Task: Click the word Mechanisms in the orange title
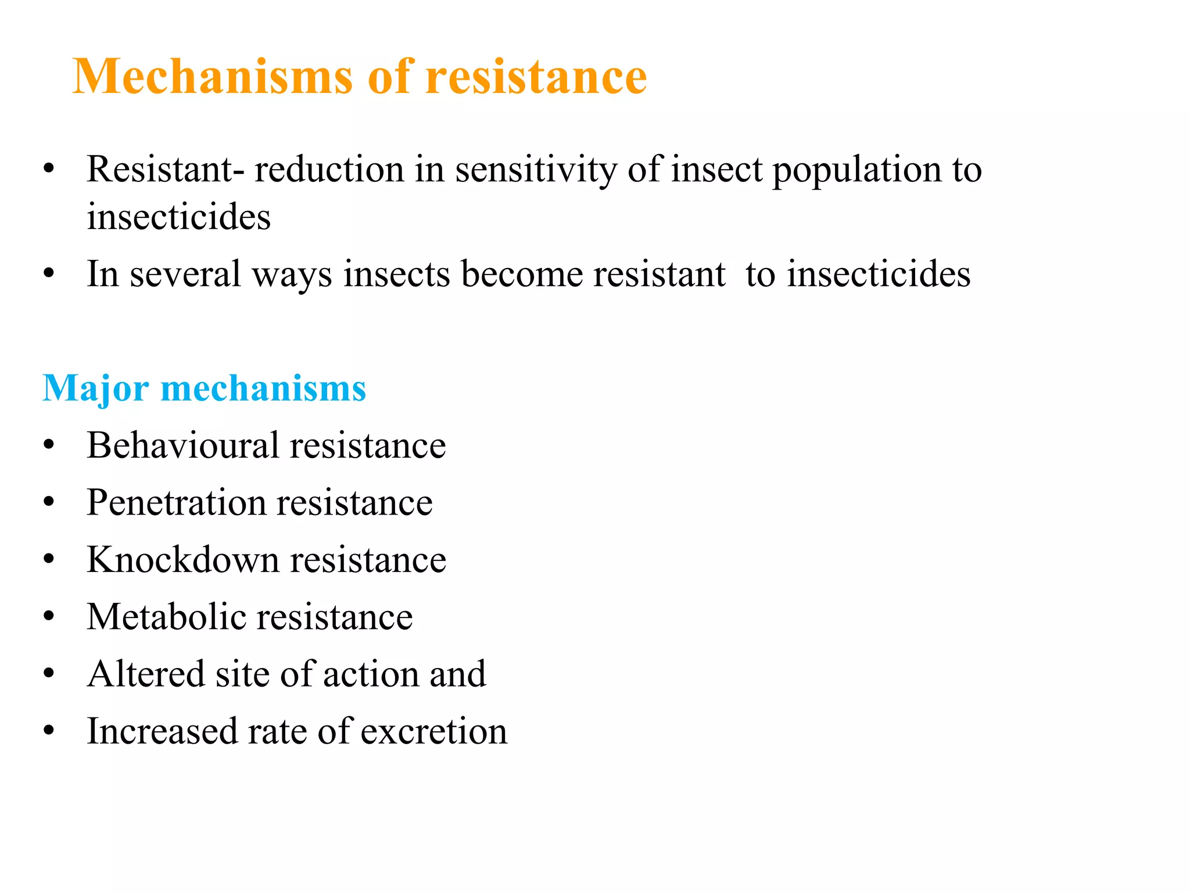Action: click(x=213, y=77)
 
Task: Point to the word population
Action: click(x=856, y=170)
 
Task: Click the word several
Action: click(x=185, y=274)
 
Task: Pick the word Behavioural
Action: click(x=184, y=445)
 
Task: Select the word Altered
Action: click(x=145, y=674)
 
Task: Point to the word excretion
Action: click(x=433, y=731)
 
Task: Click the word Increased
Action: click(x=162, y=731)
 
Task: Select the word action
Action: click(x=370, y=674)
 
